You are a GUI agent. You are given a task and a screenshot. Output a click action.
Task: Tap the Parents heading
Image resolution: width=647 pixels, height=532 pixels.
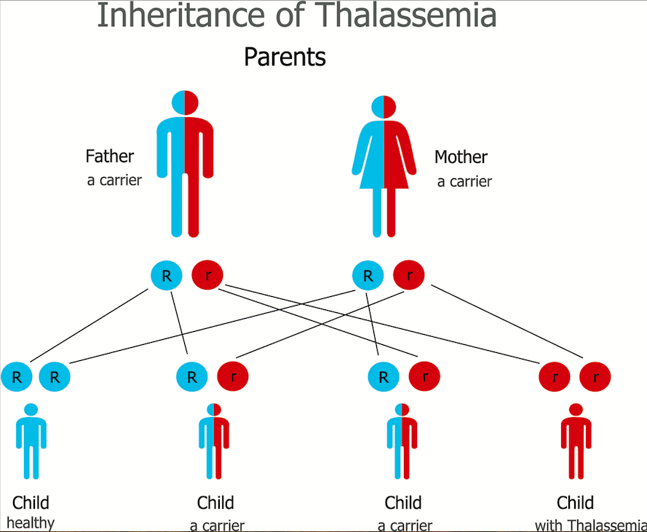(x=285, y=57)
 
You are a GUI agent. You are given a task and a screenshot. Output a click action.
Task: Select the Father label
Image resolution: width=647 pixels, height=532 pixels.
(x=110, y=156)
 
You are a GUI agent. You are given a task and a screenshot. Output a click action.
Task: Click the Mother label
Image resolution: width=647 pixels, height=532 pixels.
(x=461, y=157)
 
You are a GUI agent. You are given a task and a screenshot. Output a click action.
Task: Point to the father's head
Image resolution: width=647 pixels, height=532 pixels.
(x=185, y=103)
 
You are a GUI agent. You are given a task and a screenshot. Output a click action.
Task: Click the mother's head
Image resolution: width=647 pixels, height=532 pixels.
(x=384, y=107)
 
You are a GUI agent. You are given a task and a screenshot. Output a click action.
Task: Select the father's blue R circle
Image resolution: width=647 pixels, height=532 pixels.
(x=166, y=275)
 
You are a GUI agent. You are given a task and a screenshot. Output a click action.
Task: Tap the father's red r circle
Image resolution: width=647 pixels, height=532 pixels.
(x=207, y=275)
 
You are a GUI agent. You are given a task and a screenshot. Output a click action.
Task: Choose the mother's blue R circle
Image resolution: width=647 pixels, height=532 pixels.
(x=368, y=275)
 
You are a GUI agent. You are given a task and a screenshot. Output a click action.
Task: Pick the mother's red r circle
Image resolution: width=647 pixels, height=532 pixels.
(x=409, y=275)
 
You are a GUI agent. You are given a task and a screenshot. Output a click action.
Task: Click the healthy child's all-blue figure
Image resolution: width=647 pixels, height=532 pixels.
(x=31, y=441)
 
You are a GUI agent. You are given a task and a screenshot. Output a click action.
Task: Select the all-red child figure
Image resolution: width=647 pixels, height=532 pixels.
(x=576, y=441)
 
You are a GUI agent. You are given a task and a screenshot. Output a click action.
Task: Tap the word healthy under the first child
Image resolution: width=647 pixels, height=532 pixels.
(x=31, y=523)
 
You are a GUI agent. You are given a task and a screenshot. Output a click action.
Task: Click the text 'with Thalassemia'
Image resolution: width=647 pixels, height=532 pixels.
(x=590, y=525)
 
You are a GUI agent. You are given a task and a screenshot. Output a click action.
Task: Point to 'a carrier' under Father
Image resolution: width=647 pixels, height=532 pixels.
(x=114, y=180)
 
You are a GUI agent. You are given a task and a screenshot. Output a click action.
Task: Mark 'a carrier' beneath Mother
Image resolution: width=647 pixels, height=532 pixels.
(x=464, y=182)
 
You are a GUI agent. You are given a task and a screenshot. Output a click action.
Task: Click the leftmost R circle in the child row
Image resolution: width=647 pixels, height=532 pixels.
(x=17, y=377)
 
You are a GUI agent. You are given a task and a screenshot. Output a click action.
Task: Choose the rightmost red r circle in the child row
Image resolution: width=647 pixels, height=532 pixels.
(x=595, y=377)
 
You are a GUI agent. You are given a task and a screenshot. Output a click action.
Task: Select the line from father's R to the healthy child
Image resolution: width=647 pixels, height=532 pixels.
(x=89, y=325)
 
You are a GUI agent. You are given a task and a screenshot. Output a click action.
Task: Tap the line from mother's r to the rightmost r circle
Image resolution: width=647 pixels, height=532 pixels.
(x=507, y=321)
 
